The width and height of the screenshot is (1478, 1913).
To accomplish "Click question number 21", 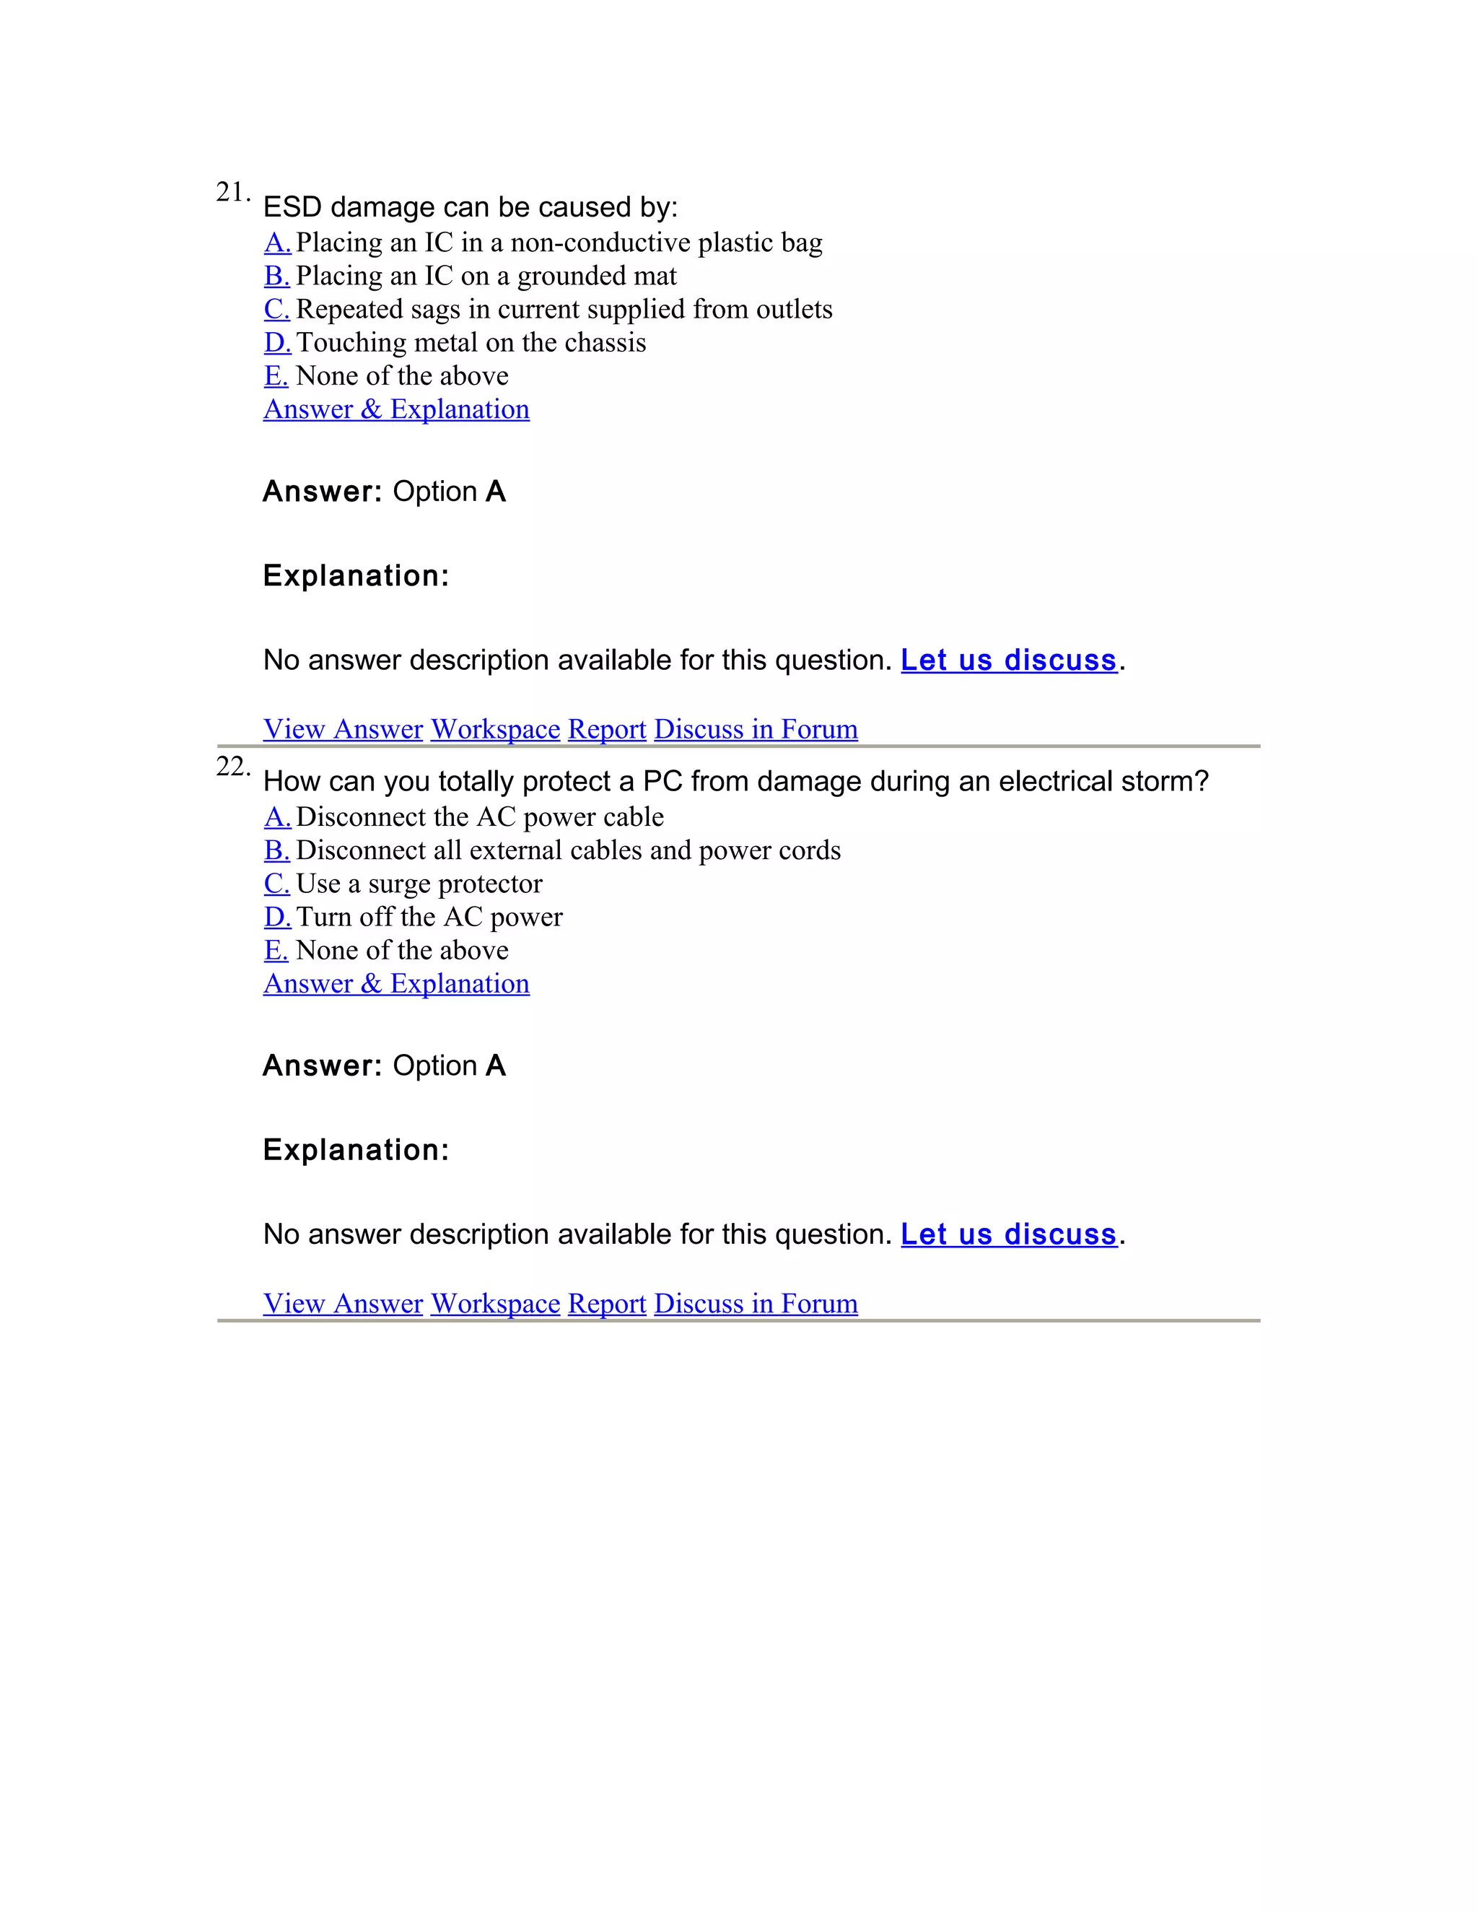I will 232,192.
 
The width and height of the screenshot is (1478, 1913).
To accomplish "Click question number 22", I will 232,767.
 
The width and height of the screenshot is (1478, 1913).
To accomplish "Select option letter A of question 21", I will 276,243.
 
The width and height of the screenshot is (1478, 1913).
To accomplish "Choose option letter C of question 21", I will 276,309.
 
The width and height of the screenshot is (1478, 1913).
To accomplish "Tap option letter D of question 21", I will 276,342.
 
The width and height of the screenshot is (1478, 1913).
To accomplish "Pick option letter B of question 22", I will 276,850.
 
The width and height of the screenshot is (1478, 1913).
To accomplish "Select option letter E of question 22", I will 276,951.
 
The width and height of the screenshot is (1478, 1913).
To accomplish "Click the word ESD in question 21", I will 292,208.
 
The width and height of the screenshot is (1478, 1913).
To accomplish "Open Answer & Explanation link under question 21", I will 397,409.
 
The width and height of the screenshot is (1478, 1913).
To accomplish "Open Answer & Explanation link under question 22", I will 397,984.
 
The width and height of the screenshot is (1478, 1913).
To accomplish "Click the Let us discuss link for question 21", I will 1009,661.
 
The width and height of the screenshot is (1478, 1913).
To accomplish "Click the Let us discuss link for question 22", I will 1009,1235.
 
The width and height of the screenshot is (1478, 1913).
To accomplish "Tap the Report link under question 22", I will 607,1303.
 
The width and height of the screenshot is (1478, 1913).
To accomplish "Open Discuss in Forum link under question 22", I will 756,1303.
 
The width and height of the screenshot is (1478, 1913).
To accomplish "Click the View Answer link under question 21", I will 344,729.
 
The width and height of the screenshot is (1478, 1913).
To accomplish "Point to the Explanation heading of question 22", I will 356,1150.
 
